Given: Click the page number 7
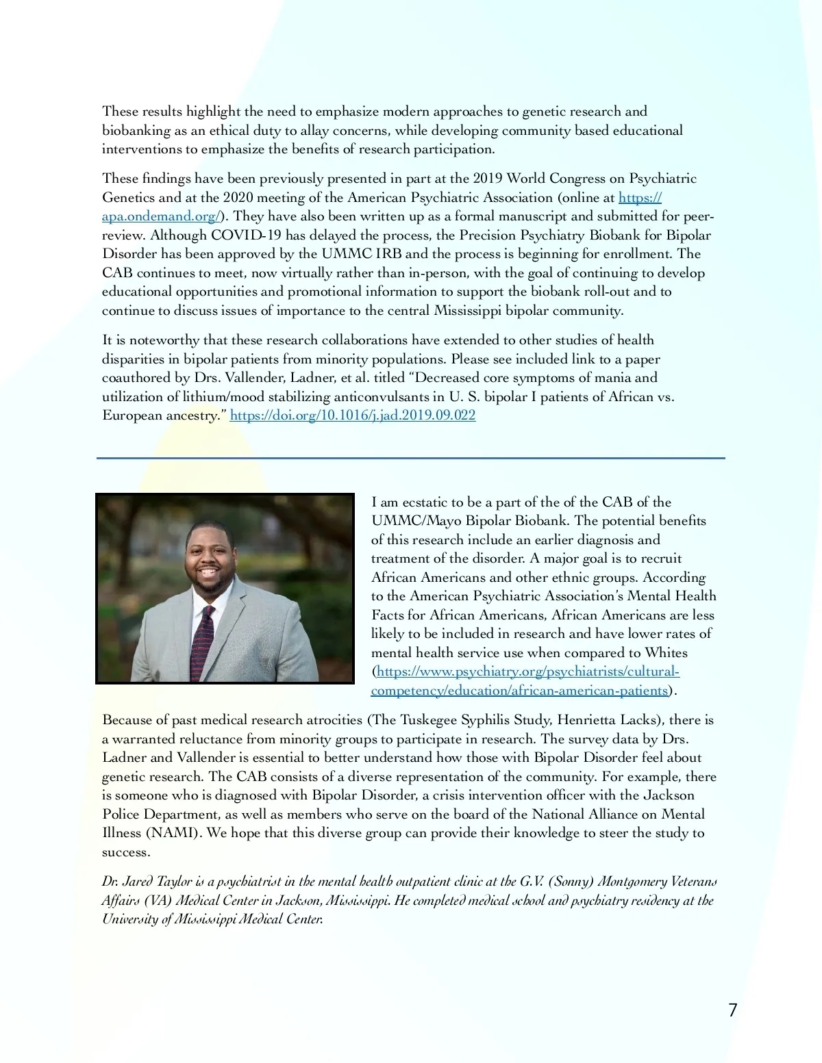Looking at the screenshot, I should coord(732,1010).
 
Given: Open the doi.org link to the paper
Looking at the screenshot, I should coord(352,415).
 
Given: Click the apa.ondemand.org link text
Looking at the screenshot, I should coord(160,216).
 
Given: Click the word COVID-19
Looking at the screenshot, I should coord(246,235).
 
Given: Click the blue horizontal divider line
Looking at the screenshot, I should coord(411,458).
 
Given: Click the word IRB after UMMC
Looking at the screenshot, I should coord(388,254).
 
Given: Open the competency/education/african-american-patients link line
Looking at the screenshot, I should coord(519,691).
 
